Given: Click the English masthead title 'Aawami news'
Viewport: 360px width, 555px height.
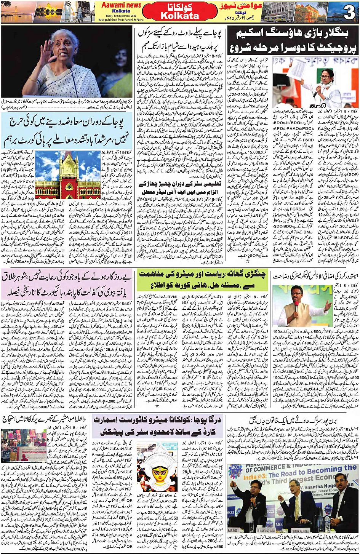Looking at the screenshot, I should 121,5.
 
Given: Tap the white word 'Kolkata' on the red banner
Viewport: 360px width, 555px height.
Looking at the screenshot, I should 180,16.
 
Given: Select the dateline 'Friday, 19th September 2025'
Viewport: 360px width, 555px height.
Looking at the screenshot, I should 121,16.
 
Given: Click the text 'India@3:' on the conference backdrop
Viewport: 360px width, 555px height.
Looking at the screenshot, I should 255,476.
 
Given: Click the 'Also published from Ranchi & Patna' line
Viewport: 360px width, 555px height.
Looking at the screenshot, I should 121,20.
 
